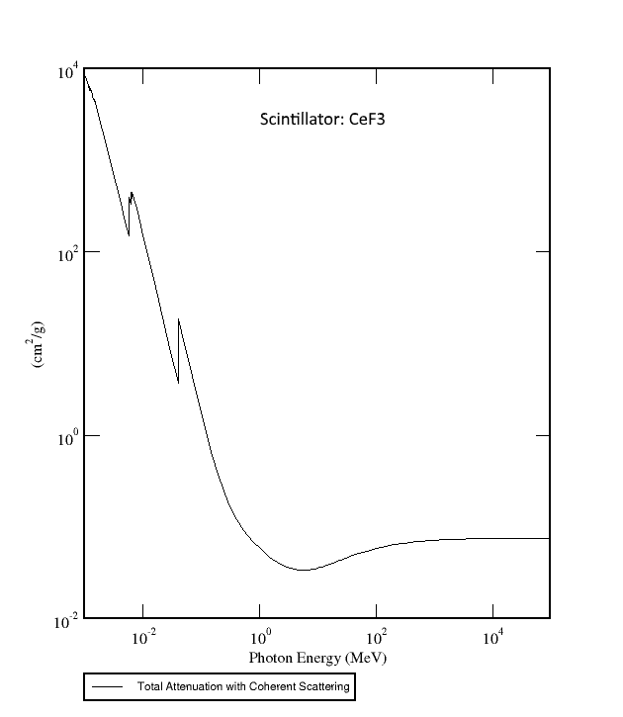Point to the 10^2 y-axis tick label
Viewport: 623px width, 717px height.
66,254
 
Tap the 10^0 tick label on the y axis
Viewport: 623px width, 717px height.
66,436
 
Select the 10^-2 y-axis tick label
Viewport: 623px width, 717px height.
65,620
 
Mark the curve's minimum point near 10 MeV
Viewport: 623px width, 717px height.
303,570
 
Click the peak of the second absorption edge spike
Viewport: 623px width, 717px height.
178,319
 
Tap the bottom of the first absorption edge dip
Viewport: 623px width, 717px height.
128,234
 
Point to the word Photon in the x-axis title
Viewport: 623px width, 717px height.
270,658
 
